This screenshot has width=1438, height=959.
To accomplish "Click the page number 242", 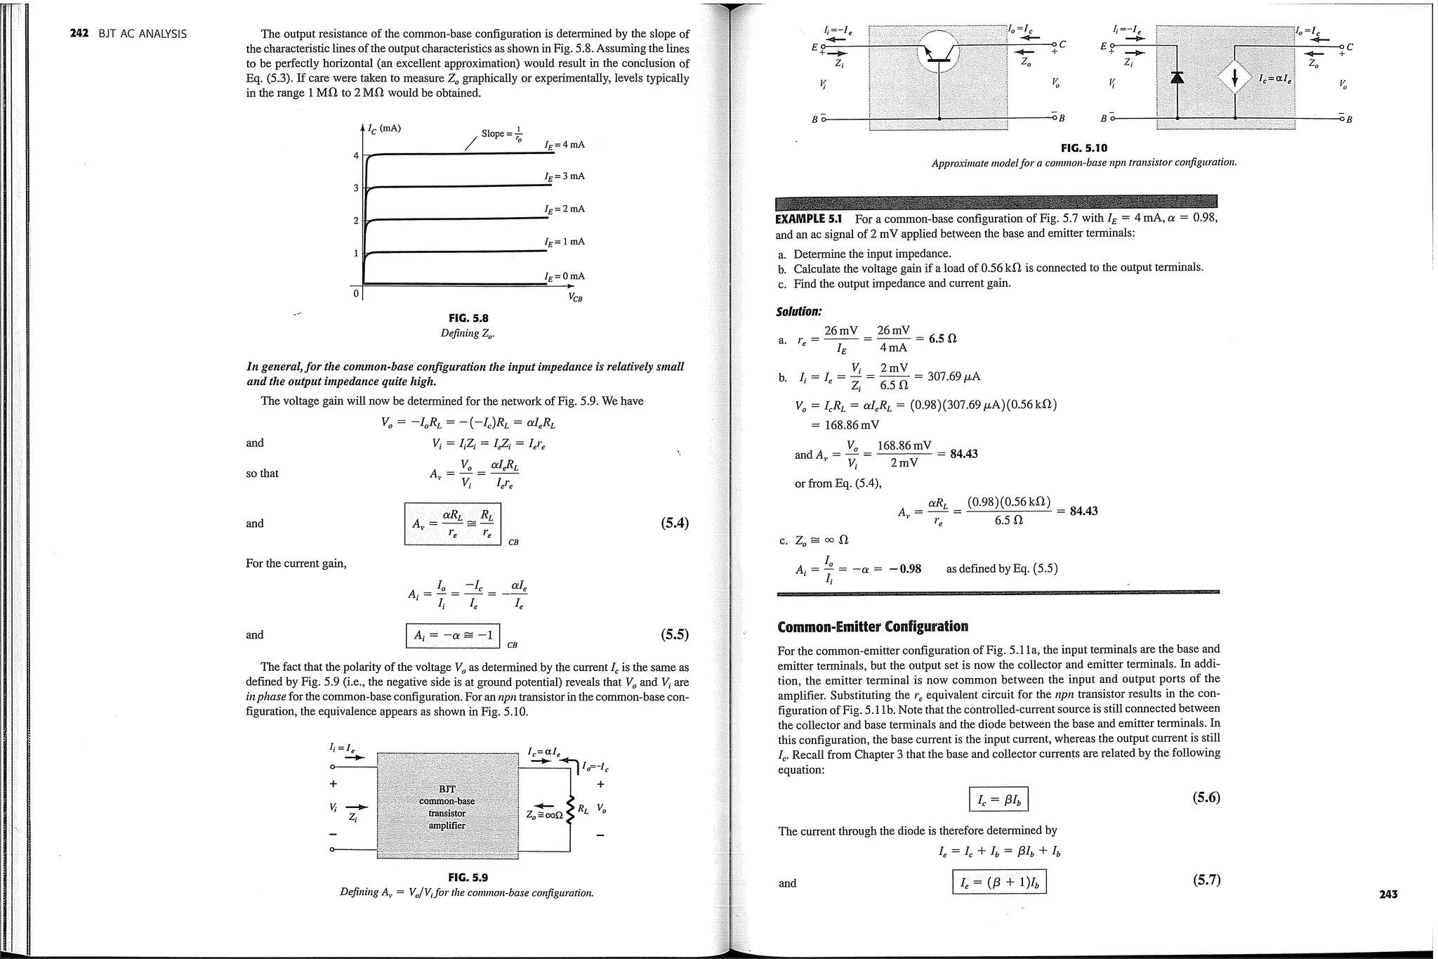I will pyautogui.click(x=79, y=34).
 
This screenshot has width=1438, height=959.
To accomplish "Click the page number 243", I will pyautogui.click(x=1387, y=894).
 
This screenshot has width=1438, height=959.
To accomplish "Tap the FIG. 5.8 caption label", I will pyautogui.click(x=468, y=318).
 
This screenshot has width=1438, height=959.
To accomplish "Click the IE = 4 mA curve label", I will pyautogui.click(x=565, y=145).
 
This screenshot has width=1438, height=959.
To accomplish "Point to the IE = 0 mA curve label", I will pyautogui.click(x=565, y=276).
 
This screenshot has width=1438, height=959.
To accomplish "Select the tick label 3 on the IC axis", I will pyautogui.click(x=356, y=188).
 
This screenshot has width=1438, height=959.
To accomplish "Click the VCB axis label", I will pyautogui.click(x=575, y=298).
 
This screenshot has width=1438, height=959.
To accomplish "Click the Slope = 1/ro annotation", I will pyautogui.click(x=502, y=133).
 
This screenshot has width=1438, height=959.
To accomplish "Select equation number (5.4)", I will pyautogui.click(x=674, y=523).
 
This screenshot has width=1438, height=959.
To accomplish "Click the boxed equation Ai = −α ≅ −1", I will pyautogui.click(x=453, y=636).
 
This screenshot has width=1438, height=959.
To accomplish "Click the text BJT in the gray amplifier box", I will pyautogui.click(x=447, y=789).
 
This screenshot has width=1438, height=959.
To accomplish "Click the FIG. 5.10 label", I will pyautogui.click(x=1083, y=148).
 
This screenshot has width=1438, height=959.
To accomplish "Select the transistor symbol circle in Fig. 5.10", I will pyautogui.click(x=938, y=53).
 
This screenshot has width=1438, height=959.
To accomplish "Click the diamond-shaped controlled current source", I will pyautogui.click(x=1234, y=78).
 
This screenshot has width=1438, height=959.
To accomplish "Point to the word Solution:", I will pyautogui.click(x=798, y=311).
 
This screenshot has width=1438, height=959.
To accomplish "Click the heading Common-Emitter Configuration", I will pyautogui.click(x=872, y=626).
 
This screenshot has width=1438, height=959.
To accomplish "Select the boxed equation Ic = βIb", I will pyautogui.click(x=998, y=799).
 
